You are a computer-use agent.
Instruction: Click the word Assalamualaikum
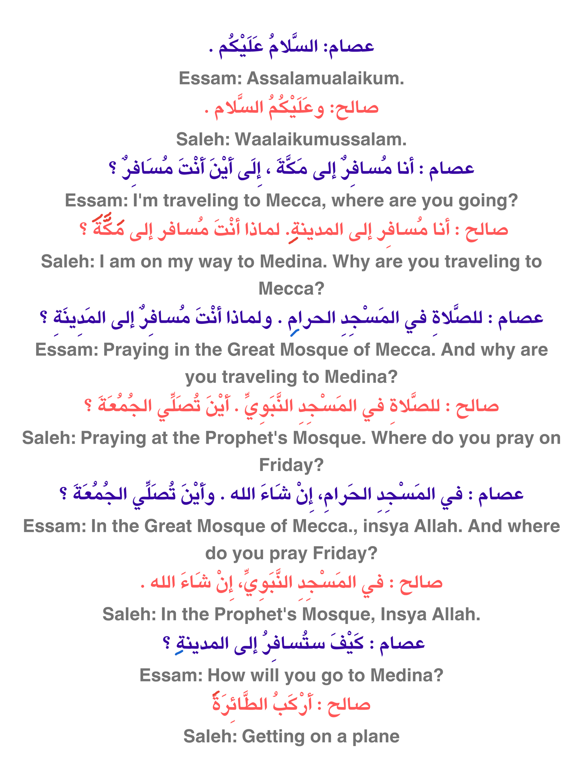click(x=325, y=78)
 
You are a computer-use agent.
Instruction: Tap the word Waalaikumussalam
click(x=321, y=140)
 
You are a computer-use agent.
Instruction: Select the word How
click(x=223, y=675)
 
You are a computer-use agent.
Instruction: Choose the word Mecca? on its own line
click(x=291, y=289)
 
